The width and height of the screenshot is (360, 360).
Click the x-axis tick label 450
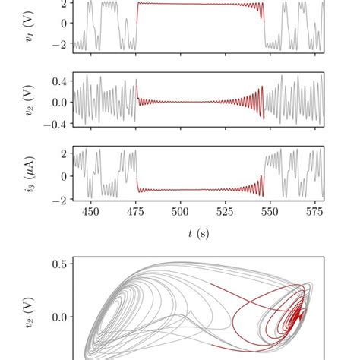pyautogui.click(x=90, y=213)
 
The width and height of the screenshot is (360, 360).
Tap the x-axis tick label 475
pyautogui.click(x=135, y=213)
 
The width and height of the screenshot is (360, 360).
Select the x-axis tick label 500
pyautogui.click(x=180, y=213)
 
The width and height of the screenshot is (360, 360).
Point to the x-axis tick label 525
pyautogui.click(x=225, y=213)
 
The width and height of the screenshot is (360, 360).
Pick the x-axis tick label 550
pyautogui.click(x=270, y=213)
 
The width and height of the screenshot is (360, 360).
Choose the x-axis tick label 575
pyautogui.click(x=314, y=213)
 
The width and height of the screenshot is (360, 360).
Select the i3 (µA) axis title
pyautogui.click(x=30, y=174)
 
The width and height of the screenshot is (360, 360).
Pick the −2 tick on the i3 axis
pyautogui.click(x=58, y=201)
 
